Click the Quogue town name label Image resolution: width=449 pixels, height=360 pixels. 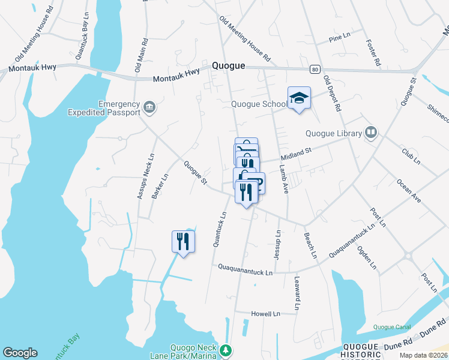[229, 66]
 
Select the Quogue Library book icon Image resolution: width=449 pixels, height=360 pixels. [371, 133]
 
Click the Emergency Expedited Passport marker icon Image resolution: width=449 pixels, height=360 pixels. [149, 108]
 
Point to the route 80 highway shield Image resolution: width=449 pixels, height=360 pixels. [314, 70]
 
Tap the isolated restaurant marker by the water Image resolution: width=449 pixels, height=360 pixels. [183, 241]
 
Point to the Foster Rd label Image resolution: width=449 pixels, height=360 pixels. [373, 53]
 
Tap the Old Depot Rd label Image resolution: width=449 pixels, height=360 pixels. [331, 94]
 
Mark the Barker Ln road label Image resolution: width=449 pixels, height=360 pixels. [160, 186]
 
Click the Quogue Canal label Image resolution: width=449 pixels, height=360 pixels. [391, 327]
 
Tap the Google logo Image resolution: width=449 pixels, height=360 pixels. [20, 353]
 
